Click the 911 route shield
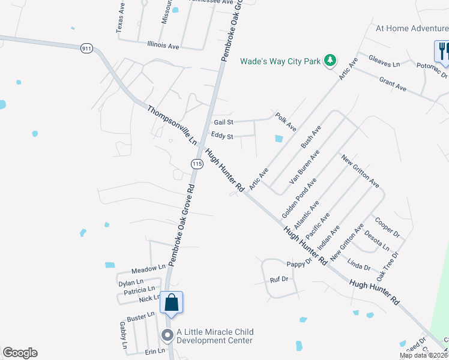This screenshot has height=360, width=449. pyautogui.click(x=87, y=48)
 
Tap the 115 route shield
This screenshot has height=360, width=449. pyautogui.click(x=196, y=163)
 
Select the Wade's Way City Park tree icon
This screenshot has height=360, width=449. pyautogui.click(x=330, y=61)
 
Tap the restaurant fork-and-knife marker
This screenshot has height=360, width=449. pyautogui.click(x=443, y=50)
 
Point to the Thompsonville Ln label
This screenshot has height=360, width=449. pyautogui.click(x=172, y=125)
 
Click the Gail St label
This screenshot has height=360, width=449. pyautogui.click(x=223, y=122)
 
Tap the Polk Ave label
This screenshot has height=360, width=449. pyautogui.click(x=286, y=122)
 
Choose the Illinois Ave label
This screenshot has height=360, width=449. pyautogui.click(x=163, y=46)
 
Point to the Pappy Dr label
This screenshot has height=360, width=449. pyautogui.click(x=299, y=264)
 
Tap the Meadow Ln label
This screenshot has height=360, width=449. pyautogui.click(x=148, y=268)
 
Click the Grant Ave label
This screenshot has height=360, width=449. pyautogui.click(x=393, y=83)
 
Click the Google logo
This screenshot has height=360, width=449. pyautogui.click(x=20, y=353)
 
